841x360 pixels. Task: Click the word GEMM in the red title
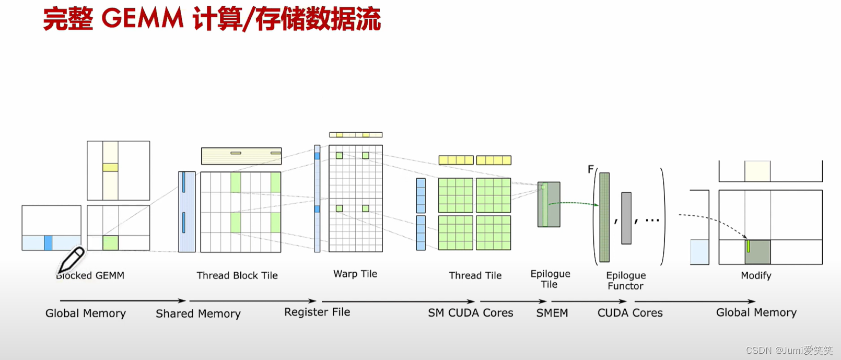142,19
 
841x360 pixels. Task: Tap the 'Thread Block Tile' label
237,275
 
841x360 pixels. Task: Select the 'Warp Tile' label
355,274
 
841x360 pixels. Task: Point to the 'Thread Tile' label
475,275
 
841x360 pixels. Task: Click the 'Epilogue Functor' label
626,281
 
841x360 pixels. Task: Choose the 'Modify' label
756,275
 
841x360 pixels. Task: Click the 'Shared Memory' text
198,313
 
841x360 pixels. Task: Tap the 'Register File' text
317,312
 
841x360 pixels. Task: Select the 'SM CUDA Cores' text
471,313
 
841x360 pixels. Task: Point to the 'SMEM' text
552,313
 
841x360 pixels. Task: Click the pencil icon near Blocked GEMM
71,260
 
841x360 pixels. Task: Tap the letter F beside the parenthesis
591,169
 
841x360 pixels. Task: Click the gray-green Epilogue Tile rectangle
549,204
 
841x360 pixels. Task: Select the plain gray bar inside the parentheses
626,218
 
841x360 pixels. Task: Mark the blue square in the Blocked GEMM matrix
48,243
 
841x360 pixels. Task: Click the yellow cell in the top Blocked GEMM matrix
110,167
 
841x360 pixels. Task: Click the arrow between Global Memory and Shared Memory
123,301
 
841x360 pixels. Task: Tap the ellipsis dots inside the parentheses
652,220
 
